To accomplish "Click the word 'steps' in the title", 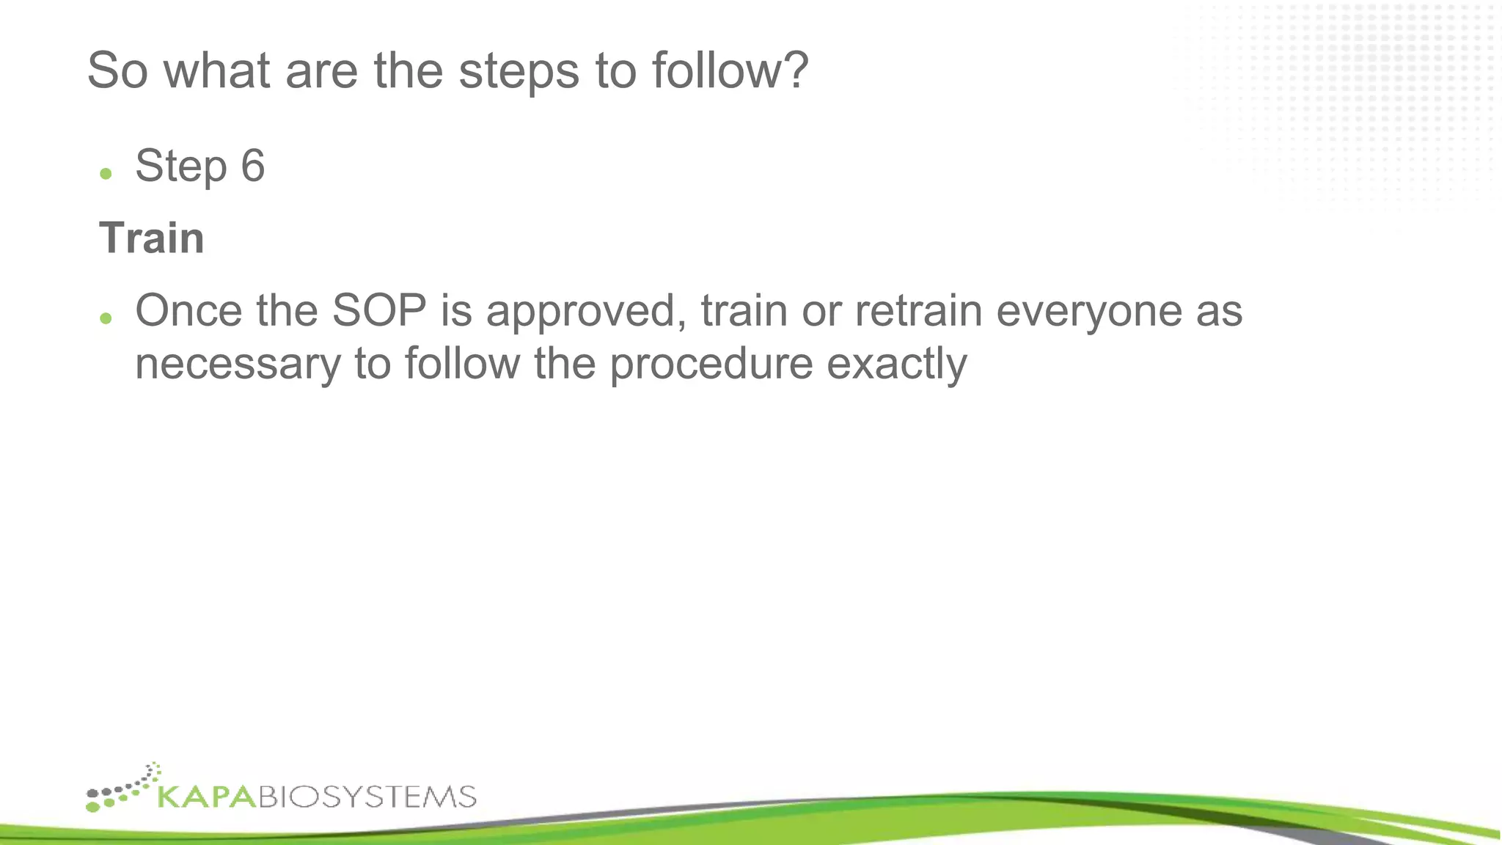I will tap(519, 71).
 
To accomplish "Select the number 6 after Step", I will tap(252, 166).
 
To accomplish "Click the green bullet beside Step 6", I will tap(106, 174).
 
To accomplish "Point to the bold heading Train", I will tap(152, 238).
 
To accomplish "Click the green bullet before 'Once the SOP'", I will tap(106, 318).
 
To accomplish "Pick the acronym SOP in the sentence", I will tap(379, 310).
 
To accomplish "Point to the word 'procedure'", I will tap(711, 365).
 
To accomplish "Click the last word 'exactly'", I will tap(896, 365).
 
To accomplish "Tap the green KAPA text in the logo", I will tap(208, 797).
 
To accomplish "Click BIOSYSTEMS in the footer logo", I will tap(367, 797).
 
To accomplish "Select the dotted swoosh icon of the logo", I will tap(123, 789).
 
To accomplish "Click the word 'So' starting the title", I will tap(117, 71).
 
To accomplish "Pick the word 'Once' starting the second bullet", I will tap(188, 310).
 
